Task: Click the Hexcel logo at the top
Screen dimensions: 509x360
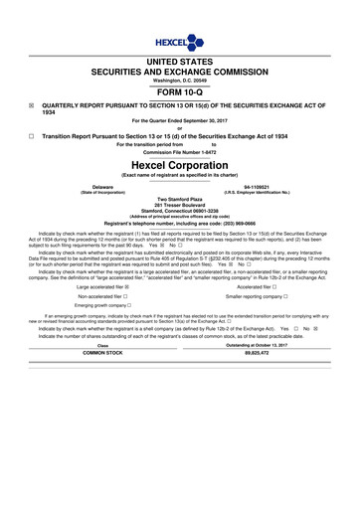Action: [x=179, y=44]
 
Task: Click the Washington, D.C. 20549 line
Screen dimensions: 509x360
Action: [x=180, y=81]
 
